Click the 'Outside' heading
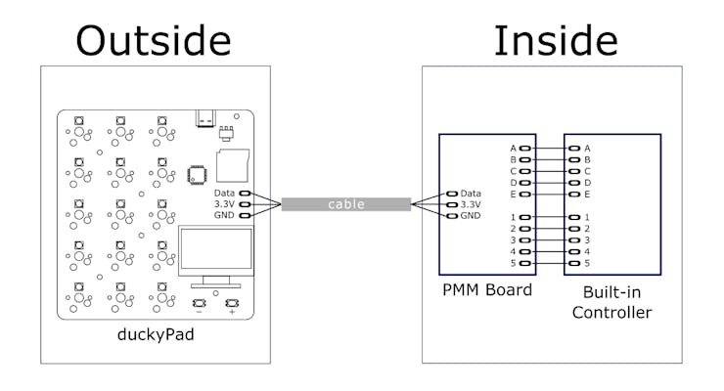pos(154,40)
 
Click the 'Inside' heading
pos(555,40)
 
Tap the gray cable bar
pos(346,204)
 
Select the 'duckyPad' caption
pos(156,335)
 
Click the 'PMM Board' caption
pos(486,289)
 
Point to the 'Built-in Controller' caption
pos(611,302)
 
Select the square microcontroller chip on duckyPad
pos(197,173)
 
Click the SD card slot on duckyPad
pos(235,163)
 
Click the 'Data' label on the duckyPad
pos(224,194)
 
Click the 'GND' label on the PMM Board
pos(471,215)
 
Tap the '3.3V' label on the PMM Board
pos(471,204)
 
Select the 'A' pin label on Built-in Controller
pos(587,149)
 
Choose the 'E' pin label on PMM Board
pos(513,195)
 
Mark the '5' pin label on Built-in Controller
pos(587,263)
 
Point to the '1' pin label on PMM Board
pos(513,217)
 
